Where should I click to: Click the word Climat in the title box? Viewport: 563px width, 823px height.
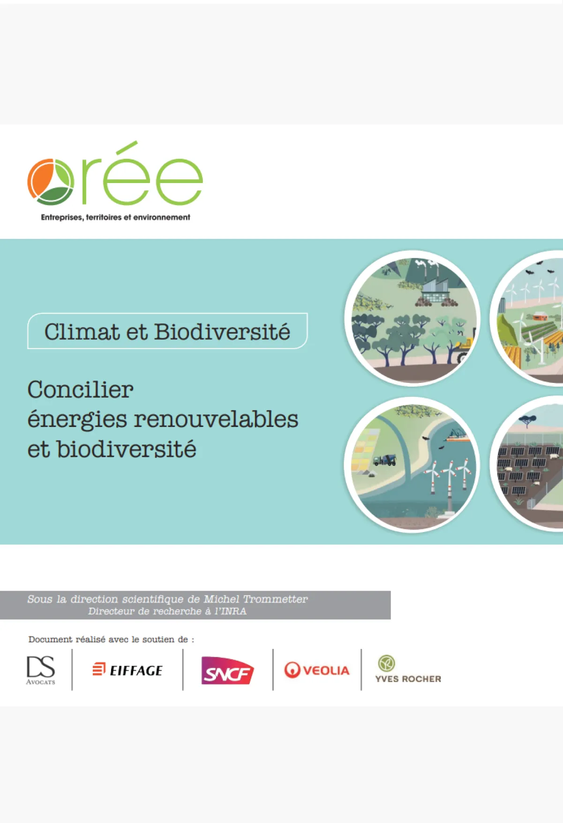(82, 332)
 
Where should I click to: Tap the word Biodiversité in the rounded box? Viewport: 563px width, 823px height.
(222, 332)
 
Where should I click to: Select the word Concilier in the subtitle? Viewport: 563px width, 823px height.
(80, 389)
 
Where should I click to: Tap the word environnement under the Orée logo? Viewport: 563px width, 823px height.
(162, 217)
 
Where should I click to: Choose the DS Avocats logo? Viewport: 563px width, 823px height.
(41, 670)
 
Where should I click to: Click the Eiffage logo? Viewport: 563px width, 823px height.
(128, 670)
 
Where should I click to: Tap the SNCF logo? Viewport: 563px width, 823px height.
(227, 671)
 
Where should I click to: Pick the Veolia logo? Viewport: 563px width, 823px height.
(317, 670)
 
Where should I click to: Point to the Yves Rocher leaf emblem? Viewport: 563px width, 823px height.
(386, 663)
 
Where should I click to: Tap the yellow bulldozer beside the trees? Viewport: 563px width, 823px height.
(464, 347)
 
